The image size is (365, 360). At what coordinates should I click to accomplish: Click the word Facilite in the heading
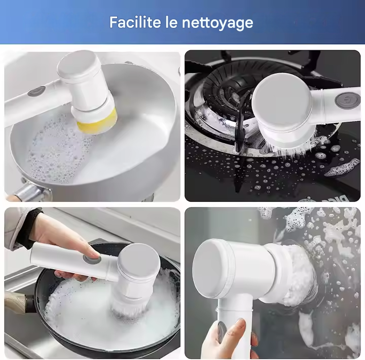pos(135,22)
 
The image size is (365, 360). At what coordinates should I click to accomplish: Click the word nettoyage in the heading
pos(217,23)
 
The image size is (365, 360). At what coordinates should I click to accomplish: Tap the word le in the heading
pos(171,22)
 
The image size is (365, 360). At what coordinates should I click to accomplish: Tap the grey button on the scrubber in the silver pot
pos(36,91)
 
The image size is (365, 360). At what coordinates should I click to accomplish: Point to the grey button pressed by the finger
pos(91,260)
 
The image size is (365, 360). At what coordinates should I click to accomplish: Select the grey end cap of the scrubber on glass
pos(210,268)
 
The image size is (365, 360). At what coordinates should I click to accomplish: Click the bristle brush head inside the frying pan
pos(129,307)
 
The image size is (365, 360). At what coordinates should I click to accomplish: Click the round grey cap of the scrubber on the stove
pos(282,102)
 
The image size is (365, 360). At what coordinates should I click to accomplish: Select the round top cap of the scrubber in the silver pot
pos(79,64)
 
